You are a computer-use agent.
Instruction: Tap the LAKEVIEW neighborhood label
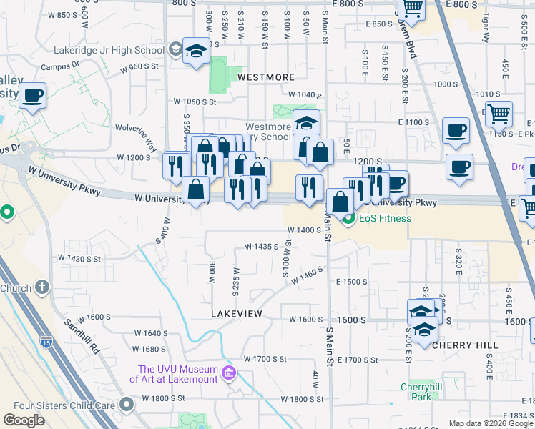[237, 314]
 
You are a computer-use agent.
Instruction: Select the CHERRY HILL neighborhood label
[465, 345]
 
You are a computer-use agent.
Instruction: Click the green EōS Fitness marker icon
[350, 217]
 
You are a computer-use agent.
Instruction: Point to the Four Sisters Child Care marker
[128, 405]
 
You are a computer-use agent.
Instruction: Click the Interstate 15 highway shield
[46, 342]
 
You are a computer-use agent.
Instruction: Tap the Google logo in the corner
[24, 420]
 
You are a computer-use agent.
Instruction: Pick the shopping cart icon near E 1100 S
[499, 112]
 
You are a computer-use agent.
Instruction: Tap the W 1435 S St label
[260, 246]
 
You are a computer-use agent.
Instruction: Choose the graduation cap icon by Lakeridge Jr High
[195, 51]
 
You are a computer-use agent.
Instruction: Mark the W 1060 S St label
[195, 102]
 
